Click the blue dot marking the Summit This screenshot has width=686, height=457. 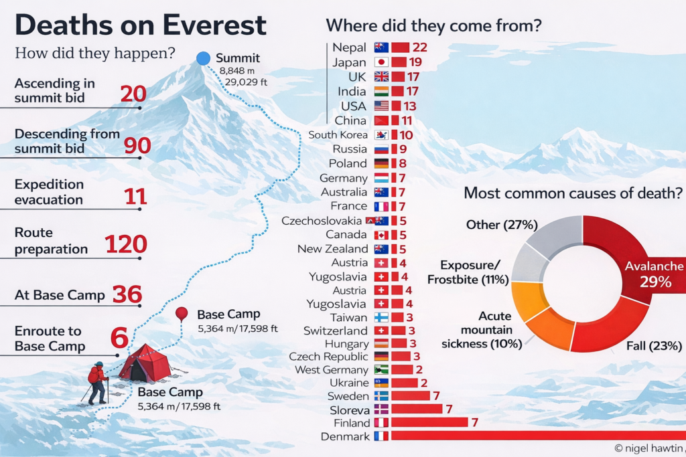tap(204, 58)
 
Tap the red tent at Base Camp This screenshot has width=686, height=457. tap(144, 365)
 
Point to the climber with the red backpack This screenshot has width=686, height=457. tap(98, 382)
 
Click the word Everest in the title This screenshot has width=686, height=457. tap(210, 25)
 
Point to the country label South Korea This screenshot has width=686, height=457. tap(338, 135)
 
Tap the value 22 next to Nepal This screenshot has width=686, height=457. tap(420, 48)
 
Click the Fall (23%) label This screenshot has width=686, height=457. tap(654, 346)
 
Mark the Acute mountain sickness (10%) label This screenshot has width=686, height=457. tap(482, 330)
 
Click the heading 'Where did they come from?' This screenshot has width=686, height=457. tap(433, 26)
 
